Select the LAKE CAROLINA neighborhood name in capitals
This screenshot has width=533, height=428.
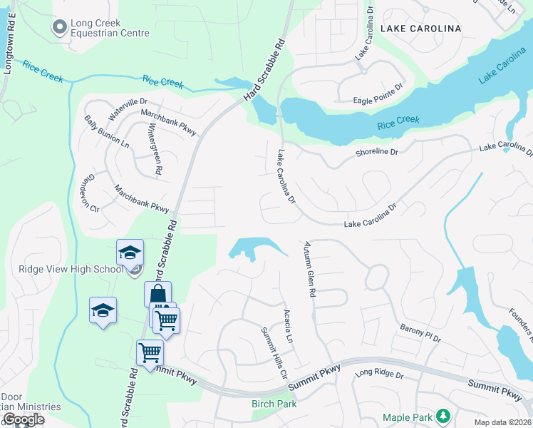click(x=420, y=29)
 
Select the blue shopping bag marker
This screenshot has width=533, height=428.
click(x=157, y=294)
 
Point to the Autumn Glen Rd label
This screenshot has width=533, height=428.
click(x=310, y=265)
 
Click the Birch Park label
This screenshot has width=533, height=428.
click(x=274, y=404)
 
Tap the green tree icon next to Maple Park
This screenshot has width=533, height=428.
click(x=443, y=415)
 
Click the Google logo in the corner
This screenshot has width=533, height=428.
click(x=24, y=419)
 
